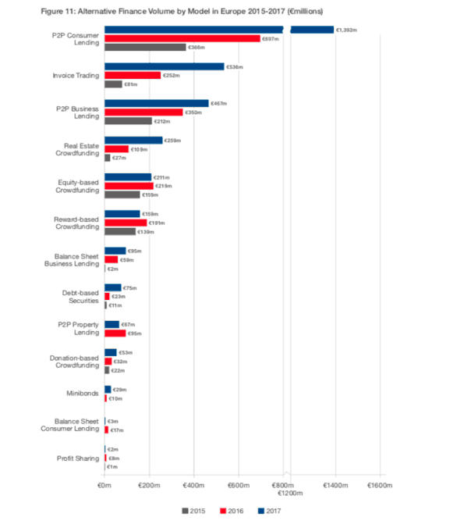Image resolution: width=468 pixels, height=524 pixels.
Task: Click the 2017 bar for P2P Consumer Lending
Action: pyautogui.click(x=195, y=30)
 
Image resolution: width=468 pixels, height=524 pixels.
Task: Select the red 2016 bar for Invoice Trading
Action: pyautogui.click(x=133, y=75)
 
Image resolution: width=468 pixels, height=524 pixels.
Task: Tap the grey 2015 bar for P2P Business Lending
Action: pyautogui.click(x=128, y=121)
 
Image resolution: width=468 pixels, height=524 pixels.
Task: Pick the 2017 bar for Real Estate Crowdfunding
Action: pyautogui.click(x=133, y=140)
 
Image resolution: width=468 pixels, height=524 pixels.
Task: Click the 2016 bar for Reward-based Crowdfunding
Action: pyautogui.click(x=126, y=223)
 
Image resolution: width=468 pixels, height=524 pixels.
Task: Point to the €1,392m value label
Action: pyautogui.click(x=346, y=30)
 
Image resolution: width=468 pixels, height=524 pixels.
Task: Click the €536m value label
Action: pyautogui.click(x=234, y=66)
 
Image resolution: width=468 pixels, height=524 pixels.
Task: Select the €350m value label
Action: pyautogui.click(x=193, y=112)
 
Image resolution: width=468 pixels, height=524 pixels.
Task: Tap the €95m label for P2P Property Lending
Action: pyautogui.click(x=136, y=333)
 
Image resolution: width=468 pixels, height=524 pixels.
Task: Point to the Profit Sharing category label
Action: pyautogui.click(x=78, y=458)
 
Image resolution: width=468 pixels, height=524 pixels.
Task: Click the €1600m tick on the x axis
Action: pyautogui.click(x=381, y=486)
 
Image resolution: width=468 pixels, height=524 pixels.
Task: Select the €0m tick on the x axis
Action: pyautogui.click(x=105, y=486)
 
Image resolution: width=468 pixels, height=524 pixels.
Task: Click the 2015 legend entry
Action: pyautogui.click(x=195, y=511)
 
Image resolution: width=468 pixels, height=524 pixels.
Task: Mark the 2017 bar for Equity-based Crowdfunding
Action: pyautogui.click(x=128, y=176)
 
